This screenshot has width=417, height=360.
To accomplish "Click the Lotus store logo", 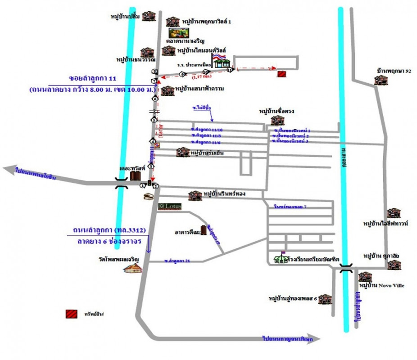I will click(x=170, y=207).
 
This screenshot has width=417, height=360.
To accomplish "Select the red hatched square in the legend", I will click(x=71, y=314).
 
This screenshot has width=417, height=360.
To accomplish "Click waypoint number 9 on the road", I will click(x=182, y=74).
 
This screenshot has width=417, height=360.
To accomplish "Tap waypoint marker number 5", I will click(x=154, y=120).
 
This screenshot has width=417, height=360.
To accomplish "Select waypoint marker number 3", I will click(x=151, y=166).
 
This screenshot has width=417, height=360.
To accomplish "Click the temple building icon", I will click(x=133, y=268).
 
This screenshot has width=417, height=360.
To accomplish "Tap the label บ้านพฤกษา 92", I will click(x=394, y=71).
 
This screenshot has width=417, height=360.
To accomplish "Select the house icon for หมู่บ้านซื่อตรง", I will click(x=276, y=120).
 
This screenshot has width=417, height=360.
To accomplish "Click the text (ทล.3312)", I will click(x=129, y=230).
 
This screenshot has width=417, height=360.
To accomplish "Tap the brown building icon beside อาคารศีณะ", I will click(x=205, y=230).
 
